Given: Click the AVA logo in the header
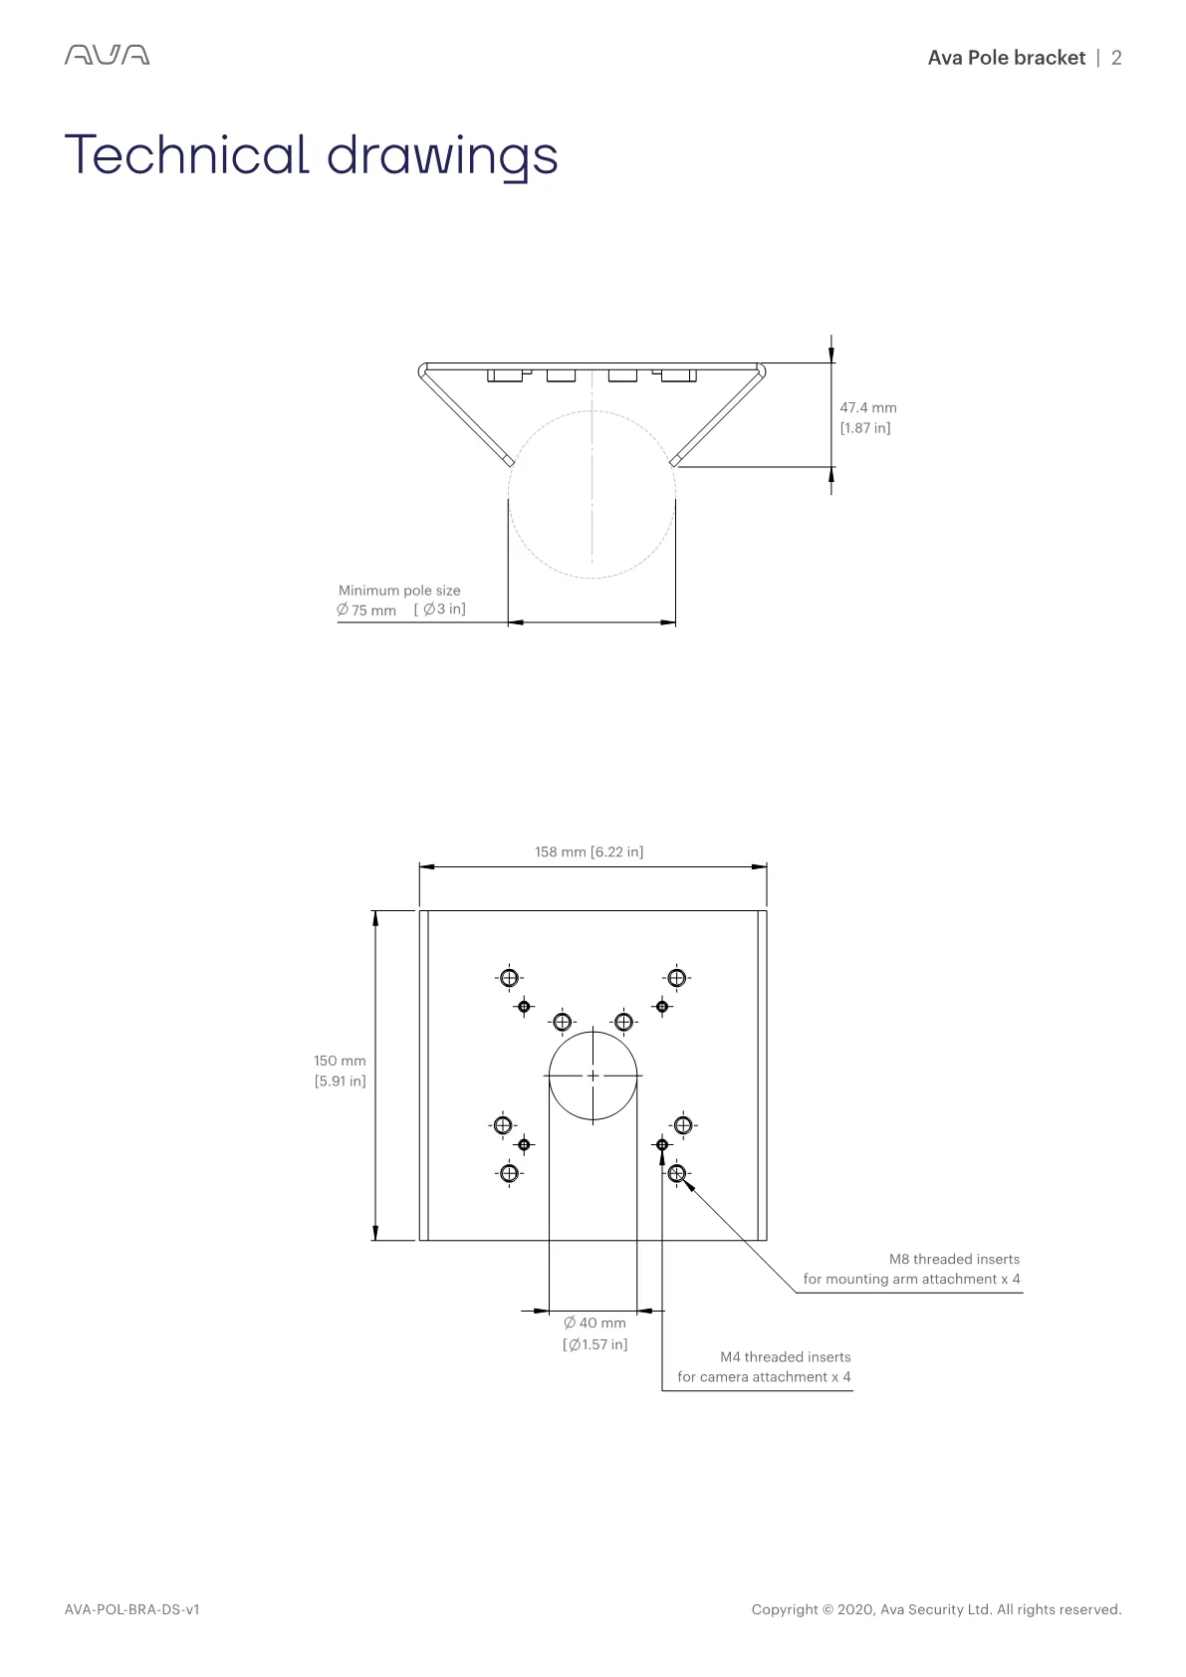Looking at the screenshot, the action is pyautogui.click(x=108, y=55).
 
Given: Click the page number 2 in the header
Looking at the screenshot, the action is pyautogui.click(x=1115, y=58).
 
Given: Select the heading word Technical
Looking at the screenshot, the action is pyautogui.click(x=186, y=155).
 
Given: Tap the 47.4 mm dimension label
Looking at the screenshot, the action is pyautogui.click(x=867, y=408).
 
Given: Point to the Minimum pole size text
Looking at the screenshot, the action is pyautogui.click(x=399, y=591).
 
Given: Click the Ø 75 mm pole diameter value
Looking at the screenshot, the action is pyautogui.click(x=366, y=610).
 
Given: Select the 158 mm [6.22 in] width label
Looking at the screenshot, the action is pyautogui.click(x=590, y=852).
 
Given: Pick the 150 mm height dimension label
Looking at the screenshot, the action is pyautogui.click(x=340, y=1061).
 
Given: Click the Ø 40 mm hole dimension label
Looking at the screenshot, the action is pyautogui.click(x=594, y=1322).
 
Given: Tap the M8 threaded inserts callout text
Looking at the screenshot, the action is pyautogui.click(x=912, y=1269).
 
